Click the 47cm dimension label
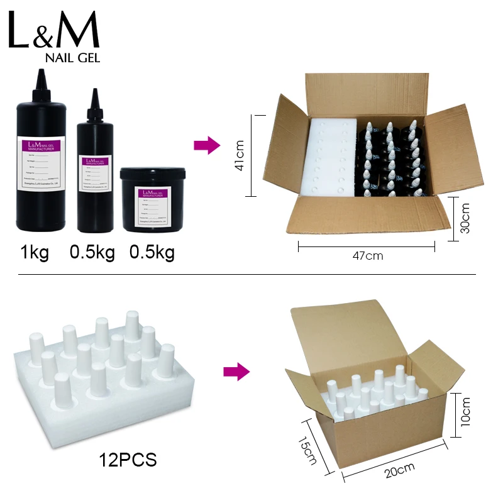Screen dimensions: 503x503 pos(367,256)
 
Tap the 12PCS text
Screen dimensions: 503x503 pos(128,460)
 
